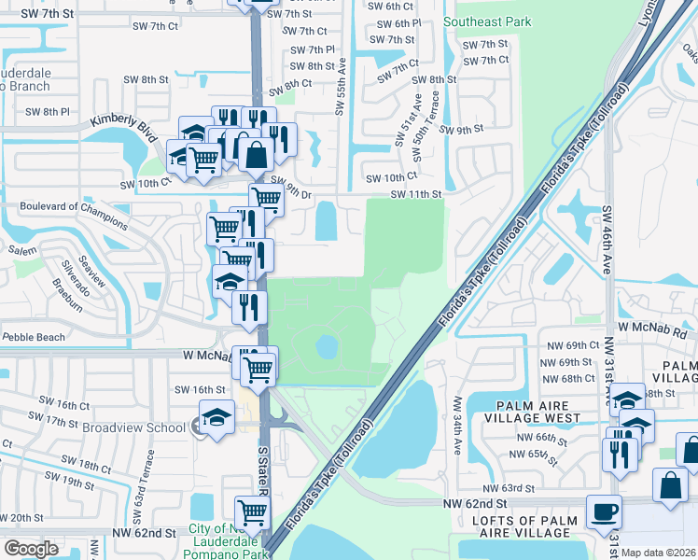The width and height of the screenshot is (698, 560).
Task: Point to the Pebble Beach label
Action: [x=34, y=336]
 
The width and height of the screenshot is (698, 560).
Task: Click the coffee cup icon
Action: [x=604, y=511]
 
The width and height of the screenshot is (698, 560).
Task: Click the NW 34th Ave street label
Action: [x=457, y=425]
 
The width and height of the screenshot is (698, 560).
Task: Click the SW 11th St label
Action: [x=413, y=193]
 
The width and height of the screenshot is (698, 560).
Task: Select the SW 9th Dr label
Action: [x=291, y=187]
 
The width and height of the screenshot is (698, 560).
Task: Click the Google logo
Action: [x=32, y=549]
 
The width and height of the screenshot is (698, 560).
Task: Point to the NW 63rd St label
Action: [x=509, y=488]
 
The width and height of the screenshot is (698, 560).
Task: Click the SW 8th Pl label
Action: [x=47, y=112]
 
